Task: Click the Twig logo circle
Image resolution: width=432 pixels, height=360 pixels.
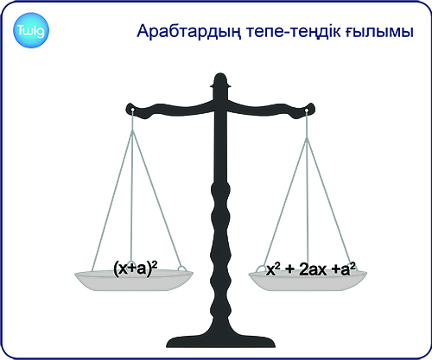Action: click(31, 30)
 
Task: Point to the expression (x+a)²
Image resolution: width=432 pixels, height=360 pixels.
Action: click(136, 268)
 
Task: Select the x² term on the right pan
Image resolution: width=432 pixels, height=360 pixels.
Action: click(273, 269)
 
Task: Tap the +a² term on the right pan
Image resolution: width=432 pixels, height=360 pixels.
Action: click(344, 268)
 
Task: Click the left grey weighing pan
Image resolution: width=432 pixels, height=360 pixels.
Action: click(134, 281)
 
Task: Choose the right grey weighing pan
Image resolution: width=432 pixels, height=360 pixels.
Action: click(308, 281)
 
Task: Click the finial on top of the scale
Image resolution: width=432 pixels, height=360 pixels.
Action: click(220, 81)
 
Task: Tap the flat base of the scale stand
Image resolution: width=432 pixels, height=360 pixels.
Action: click(221, 343)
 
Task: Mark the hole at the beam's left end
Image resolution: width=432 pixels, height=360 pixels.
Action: click(132, 110)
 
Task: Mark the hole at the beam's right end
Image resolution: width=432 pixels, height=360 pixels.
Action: click(307, 111)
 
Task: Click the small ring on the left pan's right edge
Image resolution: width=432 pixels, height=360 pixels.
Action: click(181, 268)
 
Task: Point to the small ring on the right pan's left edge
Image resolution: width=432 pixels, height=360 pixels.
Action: click(261, 268)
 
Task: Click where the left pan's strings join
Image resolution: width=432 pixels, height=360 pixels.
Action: click(132, 130)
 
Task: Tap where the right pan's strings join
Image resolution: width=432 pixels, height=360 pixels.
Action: click(307, 138)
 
